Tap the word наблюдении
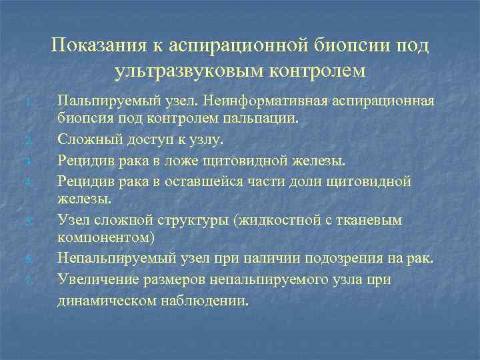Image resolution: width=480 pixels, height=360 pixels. [x=206, y=300]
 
